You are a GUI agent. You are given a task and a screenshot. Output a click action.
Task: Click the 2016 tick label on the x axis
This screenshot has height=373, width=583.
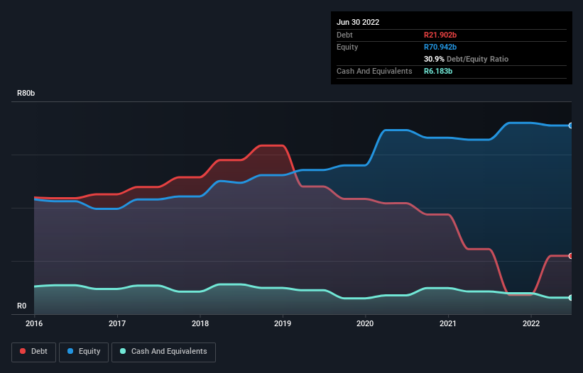34,324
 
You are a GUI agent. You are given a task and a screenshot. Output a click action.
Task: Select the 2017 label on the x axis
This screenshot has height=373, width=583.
117,324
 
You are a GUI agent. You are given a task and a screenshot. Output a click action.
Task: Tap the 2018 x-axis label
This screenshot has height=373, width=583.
200,324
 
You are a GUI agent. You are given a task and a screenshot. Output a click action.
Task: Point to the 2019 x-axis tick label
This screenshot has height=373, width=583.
283,324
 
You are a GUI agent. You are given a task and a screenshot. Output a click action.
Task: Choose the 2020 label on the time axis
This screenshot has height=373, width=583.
366,324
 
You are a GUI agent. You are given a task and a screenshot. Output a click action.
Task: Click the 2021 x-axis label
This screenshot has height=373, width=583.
448,324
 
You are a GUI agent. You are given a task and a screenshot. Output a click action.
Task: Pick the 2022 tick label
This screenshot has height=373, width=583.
531,324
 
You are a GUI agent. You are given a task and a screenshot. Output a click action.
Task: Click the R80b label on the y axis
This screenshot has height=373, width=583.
26,94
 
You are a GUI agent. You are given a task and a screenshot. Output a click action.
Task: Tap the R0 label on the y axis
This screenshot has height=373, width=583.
22,306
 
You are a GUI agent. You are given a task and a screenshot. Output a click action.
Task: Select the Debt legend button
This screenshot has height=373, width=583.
33,352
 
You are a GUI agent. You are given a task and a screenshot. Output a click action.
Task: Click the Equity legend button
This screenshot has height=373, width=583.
84,352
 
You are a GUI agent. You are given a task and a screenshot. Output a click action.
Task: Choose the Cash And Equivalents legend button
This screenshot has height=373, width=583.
163,352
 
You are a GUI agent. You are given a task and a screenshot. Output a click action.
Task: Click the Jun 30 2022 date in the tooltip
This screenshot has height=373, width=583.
358,22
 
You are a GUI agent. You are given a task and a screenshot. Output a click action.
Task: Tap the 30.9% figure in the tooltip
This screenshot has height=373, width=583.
434,59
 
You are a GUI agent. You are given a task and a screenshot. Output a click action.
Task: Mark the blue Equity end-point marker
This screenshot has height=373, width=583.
571,126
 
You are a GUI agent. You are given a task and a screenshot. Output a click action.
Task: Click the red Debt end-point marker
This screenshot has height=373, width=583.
571,256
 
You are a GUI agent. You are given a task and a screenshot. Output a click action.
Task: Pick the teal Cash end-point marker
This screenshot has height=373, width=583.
571,298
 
